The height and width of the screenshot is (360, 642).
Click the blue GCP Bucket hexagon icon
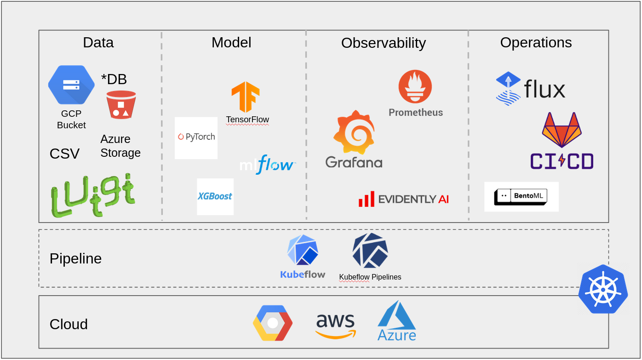click(x=71, y=85)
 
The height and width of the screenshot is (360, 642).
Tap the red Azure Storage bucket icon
click(x=121, y=105)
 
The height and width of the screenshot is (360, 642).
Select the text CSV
click(x=64, y=154)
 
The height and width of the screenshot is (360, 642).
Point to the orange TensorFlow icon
click(x=246, y=97)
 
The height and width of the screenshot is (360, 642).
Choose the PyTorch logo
click(x=196, y=137)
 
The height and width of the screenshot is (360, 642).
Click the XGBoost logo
click(x=215, y=196)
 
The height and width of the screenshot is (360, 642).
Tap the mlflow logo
click(x=267, y=165)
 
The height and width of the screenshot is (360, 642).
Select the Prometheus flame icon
click(x=415, y=86)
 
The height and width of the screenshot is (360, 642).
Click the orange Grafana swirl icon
click(x=354, y=132)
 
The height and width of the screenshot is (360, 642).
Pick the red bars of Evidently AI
click(x=367, y=199)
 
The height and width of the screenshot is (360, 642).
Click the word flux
click(x=545, y=89)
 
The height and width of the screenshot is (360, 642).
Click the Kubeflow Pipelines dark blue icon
click(x=370, y=251)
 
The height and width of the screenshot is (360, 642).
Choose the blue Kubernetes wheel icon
click(x=603, y=289)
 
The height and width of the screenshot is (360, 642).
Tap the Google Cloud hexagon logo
click(x=273, y=323)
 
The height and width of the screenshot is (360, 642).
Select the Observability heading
click(x=383, y=43)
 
